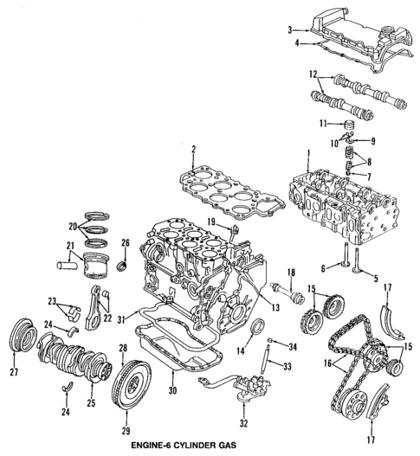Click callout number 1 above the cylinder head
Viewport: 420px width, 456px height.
(307, 154)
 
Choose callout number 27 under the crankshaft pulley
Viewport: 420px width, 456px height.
(13, 373)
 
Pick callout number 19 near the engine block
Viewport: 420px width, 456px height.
(210, 222)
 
